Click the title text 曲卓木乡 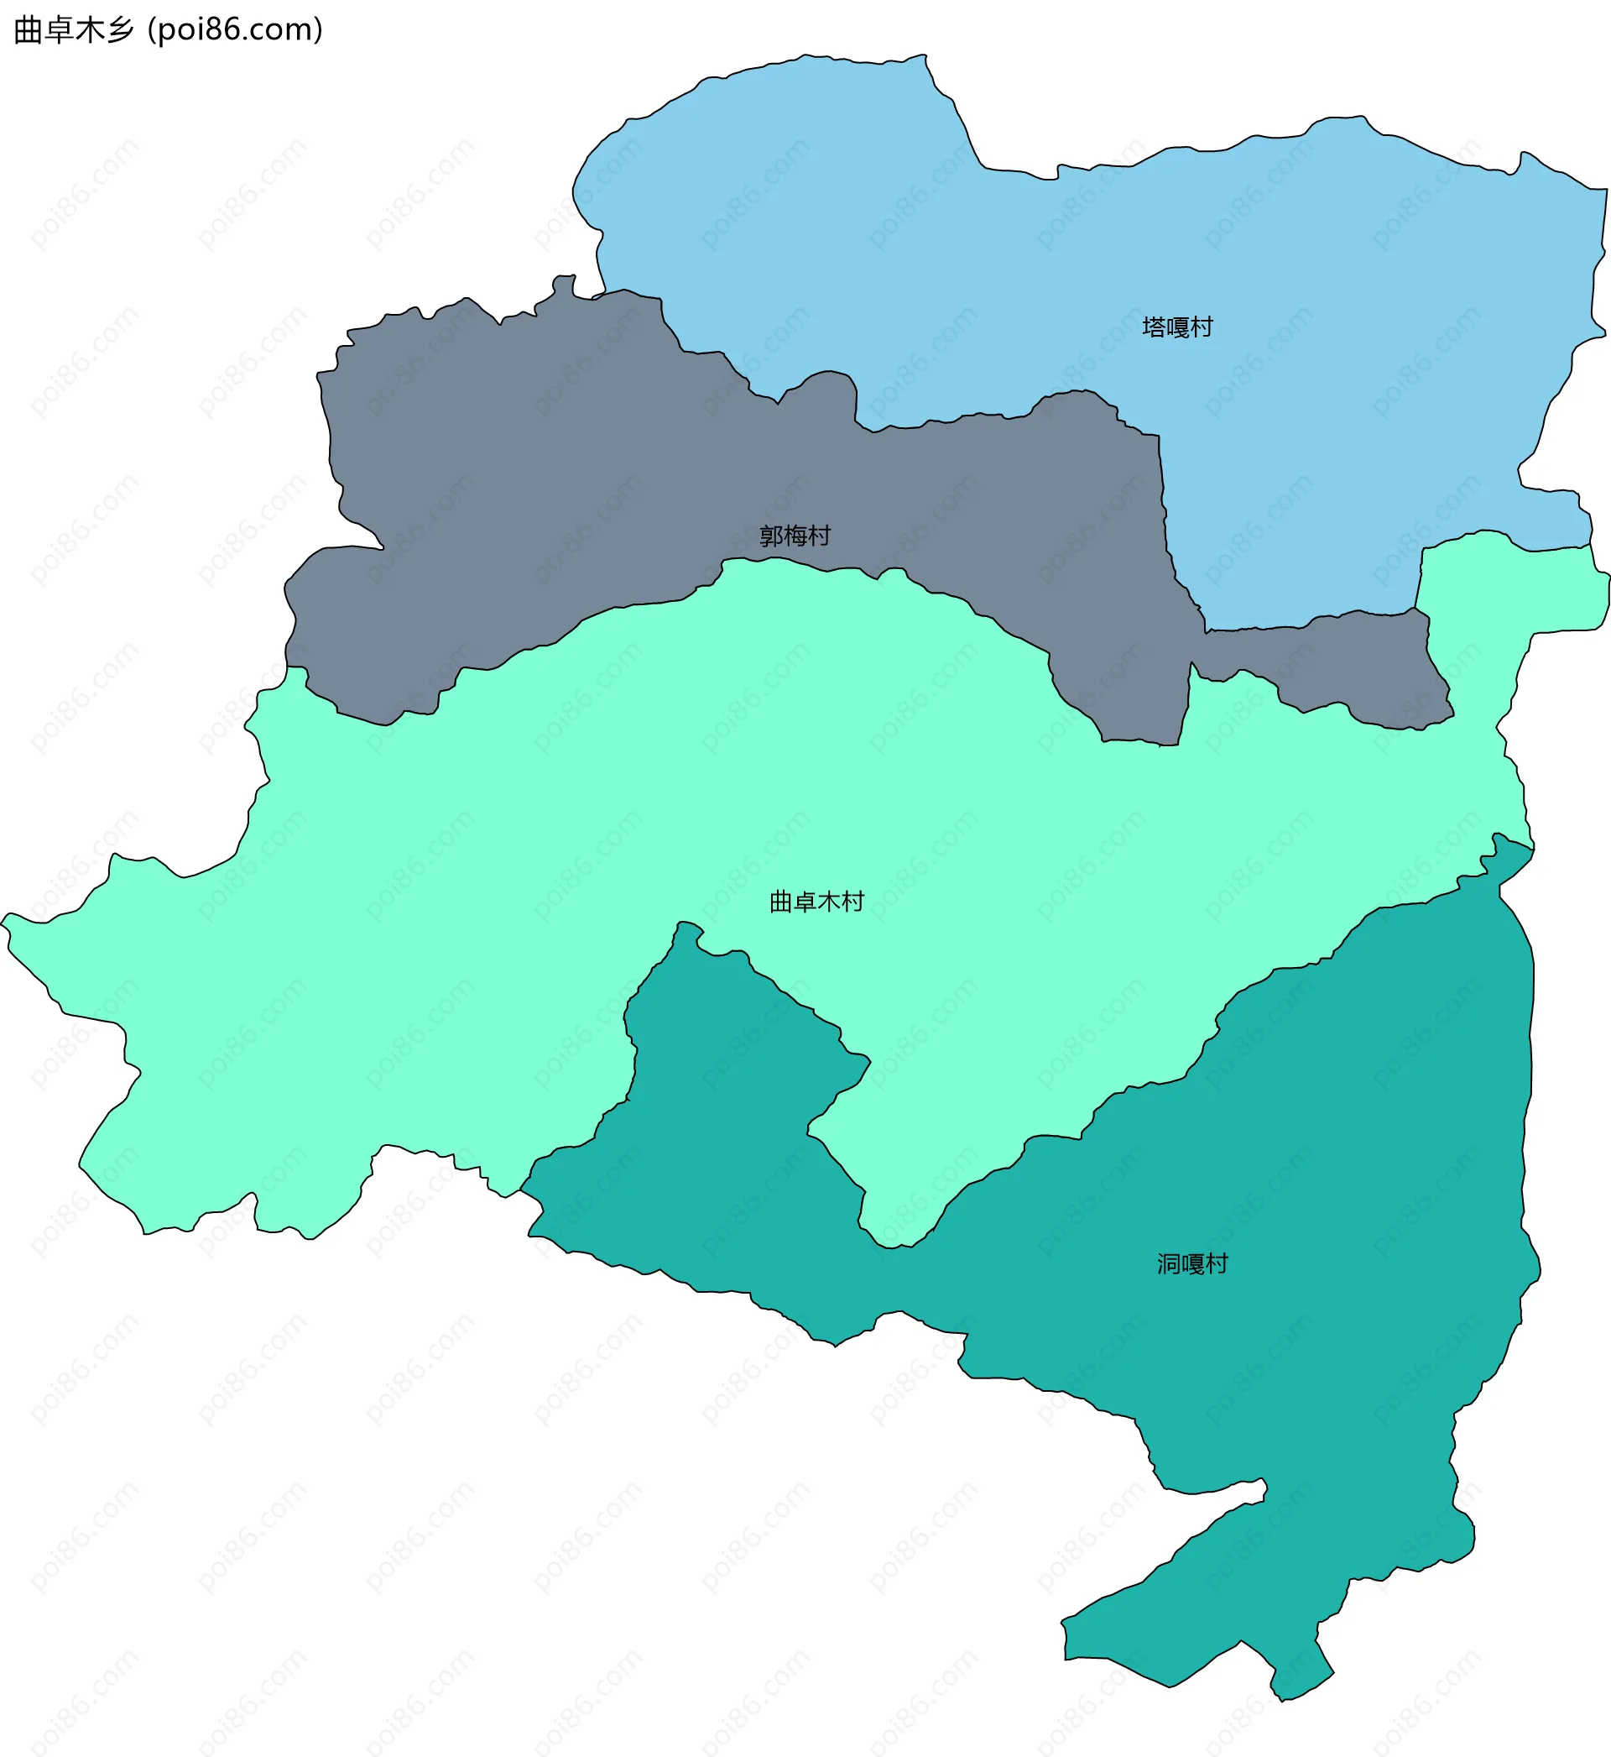tap(74, 30)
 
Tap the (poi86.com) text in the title tap(236, 30)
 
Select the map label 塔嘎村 tap(1178, 327)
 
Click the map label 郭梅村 tap(795, 536)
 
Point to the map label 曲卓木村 tap(817, 902)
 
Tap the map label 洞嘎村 tap(1192, 1264)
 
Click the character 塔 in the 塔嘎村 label tap(1155, 327)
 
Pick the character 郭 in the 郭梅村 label tap(771, 536)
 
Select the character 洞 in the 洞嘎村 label tap(1169, 1264)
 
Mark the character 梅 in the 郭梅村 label tap(795, 536)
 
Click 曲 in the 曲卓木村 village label tap(781, 902)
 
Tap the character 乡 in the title tap(121, 30)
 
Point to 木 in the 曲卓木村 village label tap(829, 902)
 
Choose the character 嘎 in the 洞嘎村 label tap(1192, 1264)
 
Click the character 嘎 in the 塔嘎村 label tap(1178, 327)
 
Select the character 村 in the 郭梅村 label tap(820, 536)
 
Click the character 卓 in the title tap(59, 30)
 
